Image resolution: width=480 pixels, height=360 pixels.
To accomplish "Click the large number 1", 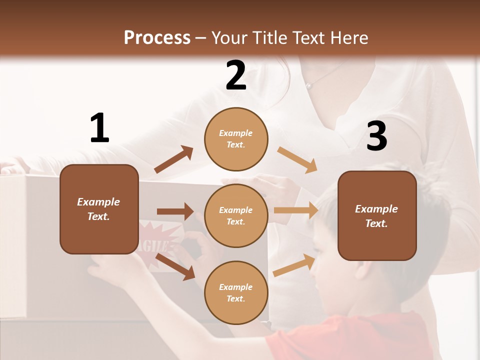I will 99,128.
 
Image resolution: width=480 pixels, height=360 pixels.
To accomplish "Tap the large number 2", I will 236,75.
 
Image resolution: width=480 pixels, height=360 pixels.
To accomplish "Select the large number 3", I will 377,136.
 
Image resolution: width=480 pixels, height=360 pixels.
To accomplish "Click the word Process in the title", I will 157,37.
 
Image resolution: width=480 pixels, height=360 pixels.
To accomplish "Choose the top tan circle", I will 236,139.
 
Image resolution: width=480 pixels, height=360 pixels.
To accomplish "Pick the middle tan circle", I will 236,215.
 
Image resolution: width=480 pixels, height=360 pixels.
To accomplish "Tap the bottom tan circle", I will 236,292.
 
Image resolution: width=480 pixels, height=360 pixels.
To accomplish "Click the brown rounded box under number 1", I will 99,209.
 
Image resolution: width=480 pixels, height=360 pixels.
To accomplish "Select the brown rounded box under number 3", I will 377,215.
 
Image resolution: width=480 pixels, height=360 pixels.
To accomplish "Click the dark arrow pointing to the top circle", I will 174,159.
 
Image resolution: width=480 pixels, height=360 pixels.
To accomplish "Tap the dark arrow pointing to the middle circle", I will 175,211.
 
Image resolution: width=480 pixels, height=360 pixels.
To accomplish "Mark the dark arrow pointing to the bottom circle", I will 175,266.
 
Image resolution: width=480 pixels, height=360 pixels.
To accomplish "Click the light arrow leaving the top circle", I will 297,159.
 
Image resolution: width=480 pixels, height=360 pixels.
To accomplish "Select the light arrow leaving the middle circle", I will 295,210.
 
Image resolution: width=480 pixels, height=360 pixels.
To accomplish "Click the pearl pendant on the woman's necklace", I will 309,86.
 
